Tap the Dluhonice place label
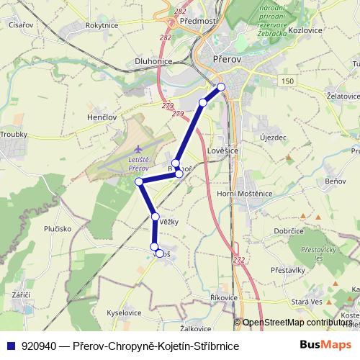pyautogui.click(x=153, y=62)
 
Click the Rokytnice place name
pyautogui.click(x=102, y=24)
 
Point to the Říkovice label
pyautogui.click(x=224, y=297)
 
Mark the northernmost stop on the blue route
pyautogui.click(x=221, y=87)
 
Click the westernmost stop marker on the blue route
pyautogui.click(x=139, y=181)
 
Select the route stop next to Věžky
pyautogui.click(x=156, y=216)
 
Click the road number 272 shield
pyautogui.click(x=238, y=259)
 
